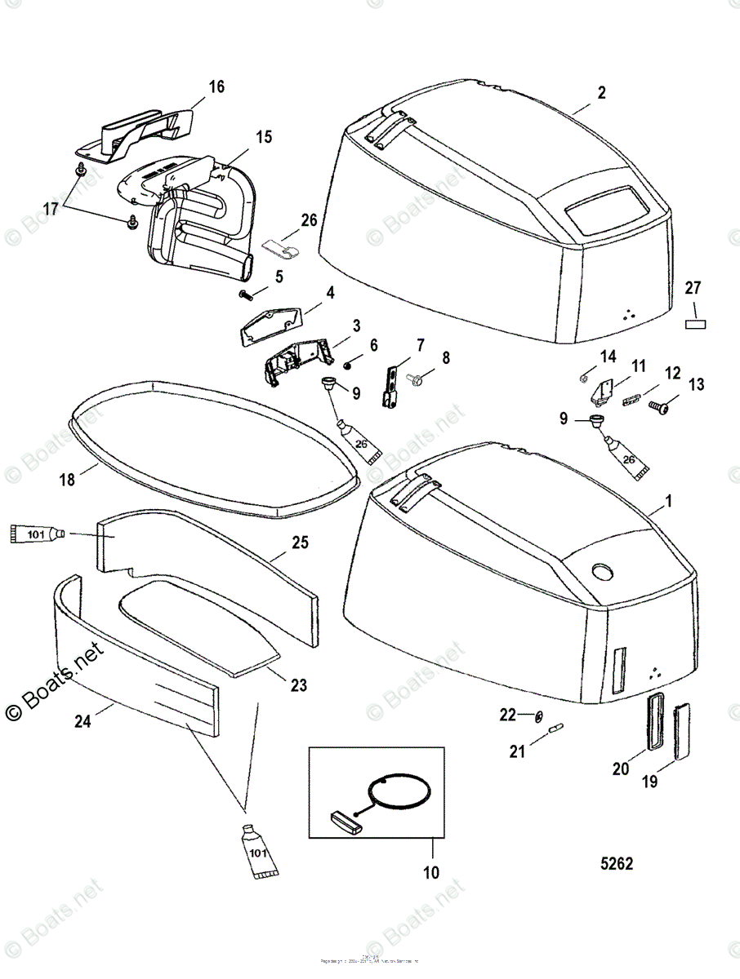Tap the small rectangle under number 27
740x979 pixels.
coord(693,323)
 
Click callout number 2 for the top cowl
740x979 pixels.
coord(601,93)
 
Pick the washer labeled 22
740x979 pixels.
coord(538,716)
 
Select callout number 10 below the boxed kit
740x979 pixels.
coord(431,873)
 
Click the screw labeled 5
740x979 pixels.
coord(246,294)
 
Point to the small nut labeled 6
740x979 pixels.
coord(348,361)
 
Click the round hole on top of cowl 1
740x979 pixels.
coord(604,571)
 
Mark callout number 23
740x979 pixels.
coord(299,685)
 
